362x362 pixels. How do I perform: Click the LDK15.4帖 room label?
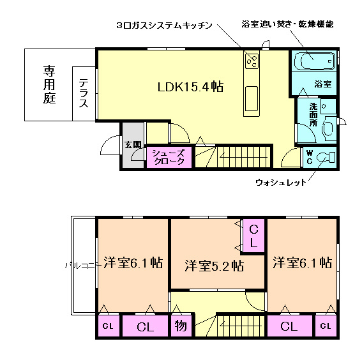click(190, 87)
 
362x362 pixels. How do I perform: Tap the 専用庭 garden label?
click(49, 84)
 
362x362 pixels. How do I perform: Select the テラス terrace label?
click(84, 93)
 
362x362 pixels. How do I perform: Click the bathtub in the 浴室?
click(315, 61)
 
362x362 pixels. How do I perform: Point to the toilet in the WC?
click(326, 158)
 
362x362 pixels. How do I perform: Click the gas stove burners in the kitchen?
click(252, 61)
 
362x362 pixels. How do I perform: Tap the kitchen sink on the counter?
click(252, 99)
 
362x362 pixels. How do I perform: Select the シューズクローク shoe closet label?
click(169, 157)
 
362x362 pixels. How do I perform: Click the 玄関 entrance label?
click(133, 145)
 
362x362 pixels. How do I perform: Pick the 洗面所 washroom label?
click(313, 114)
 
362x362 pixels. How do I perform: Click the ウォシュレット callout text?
click(281, 183)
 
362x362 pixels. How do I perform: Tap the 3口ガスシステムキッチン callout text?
click(164, 25)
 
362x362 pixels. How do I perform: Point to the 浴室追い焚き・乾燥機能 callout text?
click(288, 24)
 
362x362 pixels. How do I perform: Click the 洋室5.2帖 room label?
click(215, 266)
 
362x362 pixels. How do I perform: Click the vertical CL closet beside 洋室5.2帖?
click(253, 236)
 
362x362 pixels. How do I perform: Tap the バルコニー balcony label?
click(82, 266)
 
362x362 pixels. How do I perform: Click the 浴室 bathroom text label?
click(323, 84)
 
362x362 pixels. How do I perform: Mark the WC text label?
click(310, 157)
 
